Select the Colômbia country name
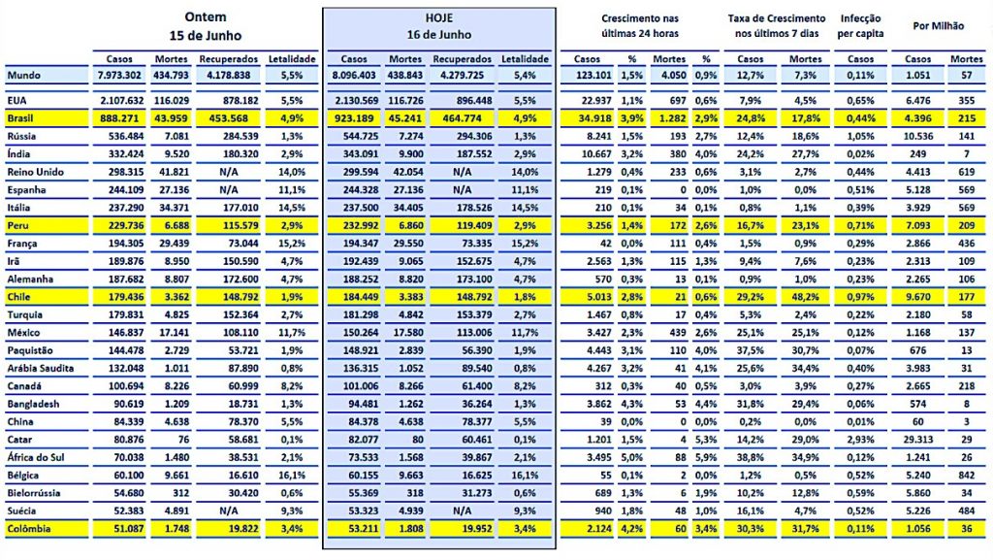click(29, 530)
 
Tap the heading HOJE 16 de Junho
click(438, 26)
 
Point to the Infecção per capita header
click(860, 26)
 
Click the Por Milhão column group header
click(936, 26)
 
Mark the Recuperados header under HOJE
click(463, 59)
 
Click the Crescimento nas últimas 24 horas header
click(640, 26)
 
